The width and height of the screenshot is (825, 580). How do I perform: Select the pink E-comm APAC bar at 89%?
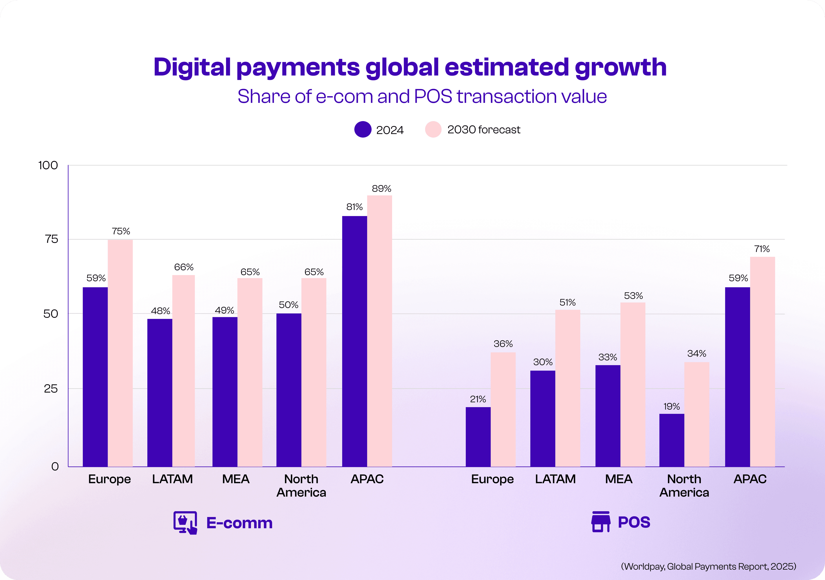tap(379, 330)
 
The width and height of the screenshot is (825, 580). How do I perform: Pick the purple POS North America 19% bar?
tap(672, 440)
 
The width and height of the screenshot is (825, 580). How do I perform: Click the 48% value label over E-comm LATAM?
tap(160, 311)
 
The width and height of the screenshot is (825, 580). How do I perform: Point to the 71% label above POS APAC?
tap(762, 249)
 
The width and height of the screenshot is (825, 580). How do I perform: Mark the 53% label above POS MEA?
tap(633, 295)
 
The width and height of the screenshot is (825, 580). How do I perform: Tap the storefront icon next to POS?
tap(600, 522)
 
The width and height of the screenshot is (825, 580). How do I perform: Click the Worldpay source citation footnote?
tap(708, 566)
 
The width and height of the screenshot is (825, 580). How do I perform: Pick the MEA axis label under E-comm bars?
tap(236, 479)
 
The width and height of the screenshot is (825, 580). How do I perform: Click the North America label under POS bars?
tap(684, 486)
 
